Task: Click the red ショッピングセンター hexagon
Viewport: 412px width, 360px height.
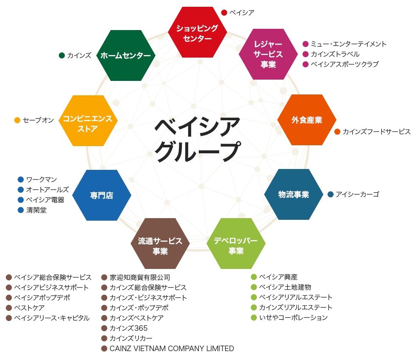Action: pos(197,33)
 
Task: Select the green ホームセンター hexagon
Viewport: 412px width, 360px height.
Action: pos(126,55)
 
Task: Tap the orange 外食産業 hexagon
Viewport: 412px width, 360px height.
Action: pos(306,120)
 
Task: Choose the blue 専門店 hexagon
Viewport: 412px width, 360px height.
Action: pos(102,195)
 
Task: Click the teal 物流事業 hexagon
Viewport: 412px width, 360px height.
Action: pos(293,194)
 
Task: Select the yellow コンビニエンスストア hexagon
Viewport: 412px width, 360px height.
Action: pos(88,121)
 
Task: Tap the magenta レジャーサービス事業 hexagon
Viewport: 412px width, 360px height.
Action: pos(268,54)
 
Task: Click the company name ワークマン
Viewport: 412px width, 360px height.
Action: pos(42,180)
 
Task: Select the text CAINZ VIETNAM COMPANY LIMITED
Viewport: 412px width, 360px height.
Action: pos(172,349)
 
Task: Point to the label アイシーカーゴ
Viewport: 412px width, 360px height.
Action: pos(357,194)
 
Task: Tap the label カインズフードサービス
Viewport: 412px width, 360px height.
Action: pos(376,132)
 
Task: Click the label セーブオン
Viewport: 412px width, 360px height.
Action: pos(39,120)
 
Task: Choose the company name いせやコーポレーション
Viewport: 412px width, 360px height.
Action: pos(293,318)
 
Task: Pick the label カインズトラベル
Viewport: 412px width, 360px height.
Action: pos(335,54)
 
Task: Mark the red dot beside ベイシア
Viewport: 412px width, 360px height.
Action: pos(224,13)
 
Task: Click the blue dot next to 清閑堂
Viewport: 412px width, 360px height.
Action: pos(21,210)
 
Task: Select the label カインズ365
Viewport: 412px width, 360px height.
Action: pos(128,328)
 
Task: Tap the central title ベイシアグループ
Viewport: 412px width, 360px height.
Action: pos(197,139)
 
